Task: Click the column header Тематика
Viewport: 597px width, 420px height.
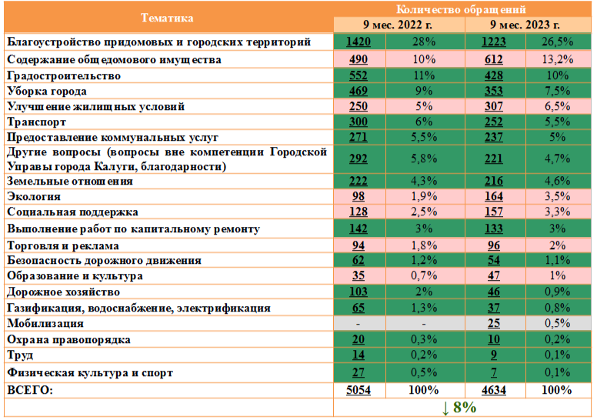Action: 168,17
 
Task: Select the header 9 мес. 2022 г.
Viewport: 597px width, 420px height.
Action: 399,25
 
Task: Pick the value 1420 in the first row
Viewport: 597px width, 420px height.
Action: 359,42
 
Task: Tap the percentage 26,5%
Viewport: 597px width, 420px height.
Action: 559,42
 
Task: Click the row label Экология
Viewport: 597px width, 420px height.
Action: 32,197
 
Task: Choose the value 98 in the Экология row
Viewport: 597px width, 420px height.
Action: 359,197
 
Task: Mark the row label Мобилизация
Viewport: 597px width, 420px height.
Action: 45,324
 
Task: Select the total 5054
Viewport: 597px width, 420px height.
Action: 359,391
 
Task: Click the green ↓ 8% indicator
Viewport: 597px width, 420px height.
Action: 460,408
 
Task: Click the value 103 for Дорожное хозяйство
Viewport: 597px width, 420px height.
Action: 359,292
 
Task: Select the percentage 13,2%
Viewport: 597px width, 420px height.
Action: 559,59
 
